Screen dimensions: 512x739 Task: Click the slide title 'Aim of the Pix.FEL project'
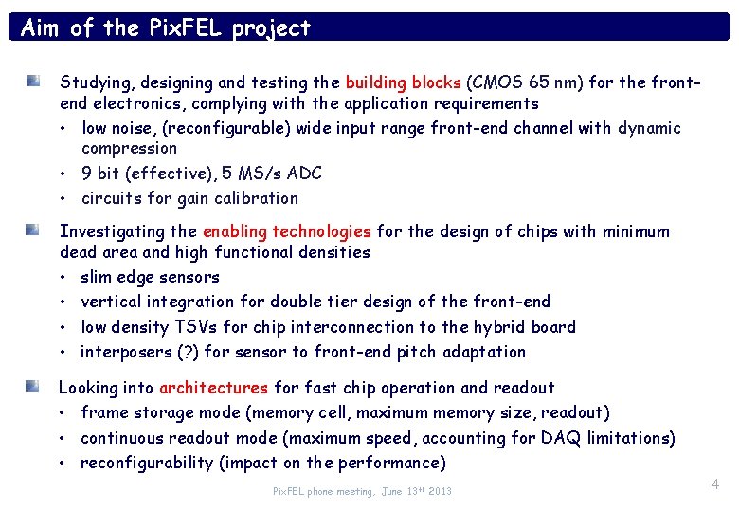click(x=166, y=27)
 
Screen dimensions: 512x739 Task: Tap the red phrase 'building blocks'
click(x=403, y=82)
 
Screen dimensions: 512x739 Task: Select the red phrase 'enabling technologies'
click(x=287, y=231)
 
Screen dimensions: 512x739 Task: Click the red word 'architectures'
click(x=214, y=388)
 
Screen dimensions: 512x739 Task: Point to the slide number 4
click(x=714, y=485)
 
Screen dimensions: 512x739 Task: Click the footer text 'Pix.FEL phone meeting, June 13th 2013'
click(x=362, y=491)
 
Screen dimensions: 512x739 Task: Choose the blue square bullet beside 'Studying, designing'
click(x=33, y=82)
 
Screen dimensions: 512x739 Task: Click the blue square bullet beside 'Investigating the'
click(x=33, y=230)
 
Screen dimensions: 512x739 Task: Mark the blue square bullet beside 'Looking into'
click(x=33, y=387)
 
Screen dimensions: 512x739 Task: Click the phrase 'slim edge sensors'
click(x=150, y=277)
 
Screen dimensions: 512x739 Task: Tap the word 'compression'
click(x=129, y=148)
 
